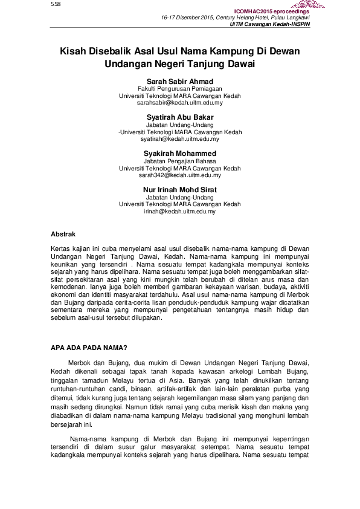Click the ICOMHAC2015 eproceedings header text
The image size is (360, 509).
271,11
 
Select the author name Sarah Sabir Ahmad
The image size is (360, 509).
179,82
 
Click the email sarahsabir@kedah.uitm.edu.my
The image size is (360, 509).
179,103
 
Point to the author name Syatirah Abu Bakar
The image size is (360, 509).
179,117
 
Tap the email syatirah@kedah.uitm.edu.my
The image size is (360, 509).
179,139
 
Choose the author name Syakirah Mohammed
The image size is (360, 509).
179,154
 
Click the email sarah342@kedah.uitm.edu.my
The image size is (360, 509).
179,175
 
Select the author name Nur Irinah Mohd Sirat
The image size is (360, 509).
179,190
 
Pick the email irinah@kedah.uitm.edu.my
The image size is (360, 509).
179,212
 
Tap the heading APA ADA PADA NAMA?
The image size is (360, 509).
88,347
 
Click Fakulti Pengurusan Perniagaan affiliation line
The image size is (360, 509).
179,89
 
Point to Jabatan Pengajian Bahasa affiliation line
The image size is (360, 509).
179,161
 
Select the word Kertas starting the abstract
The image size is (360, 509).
61,248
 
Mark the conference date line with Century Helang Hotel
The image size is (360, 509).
236,18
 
